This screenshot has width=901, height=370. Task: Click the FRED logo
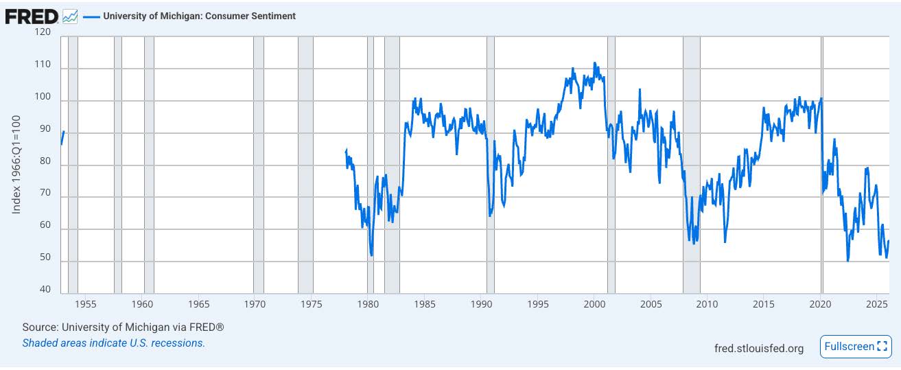point(32,16)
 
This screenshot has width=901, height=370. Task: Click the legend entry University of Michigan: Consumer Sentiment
point(199,16)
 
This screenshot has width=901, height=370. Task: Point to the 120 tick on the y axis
point(43,32)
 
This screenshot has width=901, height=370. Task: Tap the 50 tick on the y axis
point(45,257)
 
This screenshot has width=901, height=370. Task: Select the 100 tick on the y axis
point(43,97)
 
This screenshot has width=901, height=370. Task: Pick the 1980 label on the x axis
point(368,304)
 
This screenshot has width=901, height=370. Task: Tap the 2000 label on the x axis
point(594,304)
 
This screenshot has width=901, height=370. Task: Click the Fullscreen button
point(856,347)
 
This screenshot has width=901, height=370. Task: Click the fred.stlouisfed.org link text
point(758,348)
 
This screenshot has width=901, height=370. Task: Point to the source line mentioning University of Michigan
point(123,327)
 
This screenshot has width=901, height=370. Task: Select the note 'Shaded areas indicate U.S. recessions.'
point(113,343)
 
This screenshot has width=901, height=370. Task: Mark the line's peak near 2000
point(594,63)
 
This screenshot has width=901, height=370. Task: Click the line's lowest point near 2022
point(848,261)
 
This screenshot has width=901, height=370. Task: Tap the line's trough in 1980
point(371,255)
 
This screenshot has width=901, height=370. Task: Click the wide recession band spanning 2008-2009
point(691,165)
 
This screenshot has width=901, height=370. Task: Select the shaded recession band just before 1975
point(305,165)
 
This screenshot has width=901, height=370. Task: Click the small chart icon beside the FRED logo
point(70,16)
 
